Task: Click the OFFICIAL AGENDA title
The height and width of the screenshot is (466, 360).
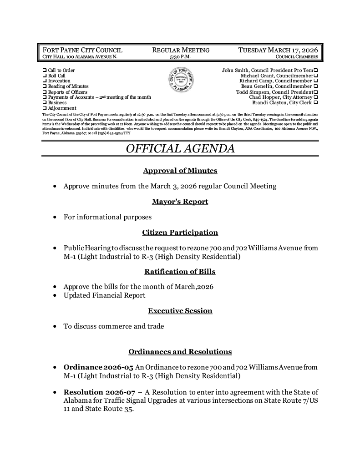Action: [180, 148]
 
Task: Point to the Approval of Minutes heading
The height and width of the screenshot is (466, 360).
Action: [180, 171]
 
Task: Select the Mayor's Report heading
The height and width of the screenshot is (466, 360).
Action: [180, 202]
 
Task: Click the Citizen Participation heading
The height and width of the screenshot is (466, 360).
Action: [180, 233]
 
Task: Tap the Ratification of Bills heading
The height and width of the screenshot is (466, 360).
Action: [180, 272]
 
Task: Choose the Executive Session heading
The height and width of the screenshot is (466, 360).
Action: [180, 311]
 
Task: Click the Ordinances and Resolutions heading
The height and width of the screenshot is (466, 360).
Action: [180, 352]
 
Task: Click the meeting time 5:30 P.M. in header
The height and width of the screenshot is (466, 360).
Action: [180, 57]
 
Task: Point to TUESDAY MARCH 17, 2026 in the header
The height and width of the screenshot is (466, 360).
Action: [278, 50]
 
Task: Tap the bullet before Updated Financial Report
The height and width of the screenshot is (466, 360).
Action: [55, 296]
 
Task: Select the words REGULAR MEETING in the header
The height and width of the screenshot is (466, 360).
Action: [180, 50]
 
